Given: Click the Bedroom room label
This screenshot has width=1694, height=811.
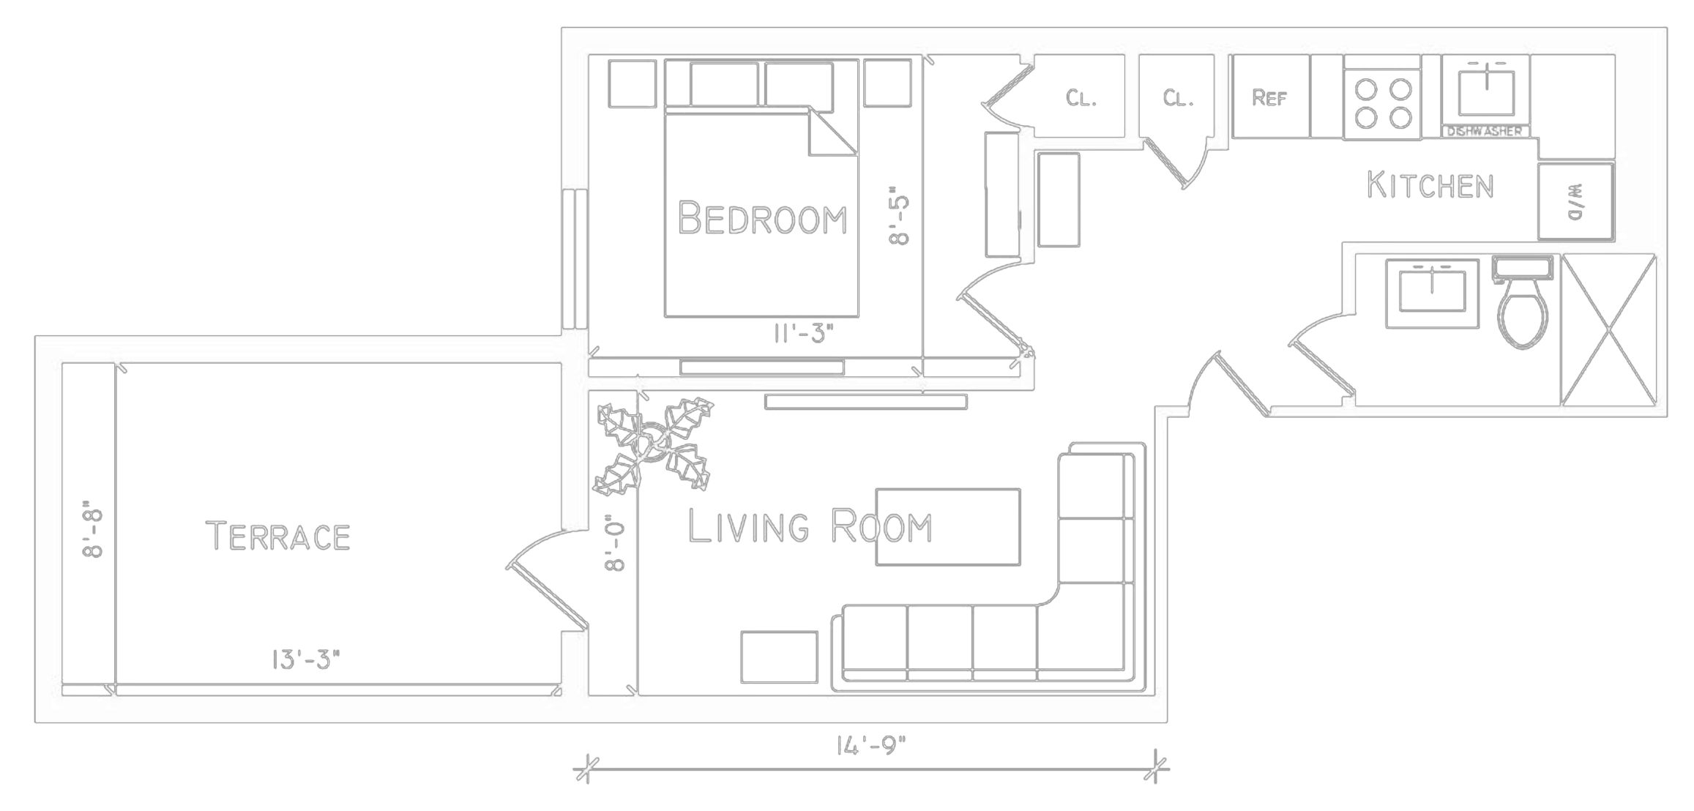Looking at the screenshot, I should (x=761, y=218).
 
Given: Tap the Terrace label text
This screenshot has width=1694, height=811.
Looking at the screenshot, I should (x=278, y=537).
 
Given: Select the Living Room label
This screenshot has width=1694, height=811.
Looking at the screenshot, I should (x=809, y=527).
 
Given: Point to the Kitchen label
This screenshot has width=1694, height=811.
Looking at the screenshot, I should (x=1430, y=186).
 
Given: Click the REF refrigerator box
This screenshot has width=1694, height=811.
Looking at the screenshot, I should (x=1270, y=97).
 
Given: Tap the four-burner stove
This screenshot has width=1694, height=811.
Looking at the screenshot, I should (x=1382, y=103).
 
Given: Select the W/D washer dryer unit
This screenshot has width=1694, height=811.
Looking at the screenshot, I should (x=1575, y=201).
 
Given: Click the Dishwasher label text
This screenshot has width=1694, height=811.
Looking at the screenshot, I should (x=1485, y=132).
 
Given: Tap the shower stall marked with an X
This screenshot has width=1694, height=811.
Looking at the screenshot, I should (x=1608, y=329).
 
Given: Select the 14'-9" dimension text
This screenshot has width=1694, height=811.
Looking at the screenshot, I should (x=871, y=746).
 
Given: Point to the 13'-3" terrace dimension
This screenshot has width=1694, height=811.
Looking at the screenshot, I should (x=306, y=660).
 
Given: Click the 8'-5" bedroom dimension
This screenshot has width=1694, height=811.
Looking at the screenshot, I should (x=899, y=220).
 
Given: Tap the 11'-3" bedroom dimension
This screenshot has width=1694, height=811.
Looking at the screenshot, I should (x=803, y=334).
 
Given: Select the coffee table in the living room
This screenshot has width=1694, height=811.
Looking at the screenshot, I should (x=947, y=527).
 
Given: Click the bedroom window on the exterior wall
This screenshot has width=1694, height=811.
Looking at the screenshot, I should (x=575, y=259).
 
